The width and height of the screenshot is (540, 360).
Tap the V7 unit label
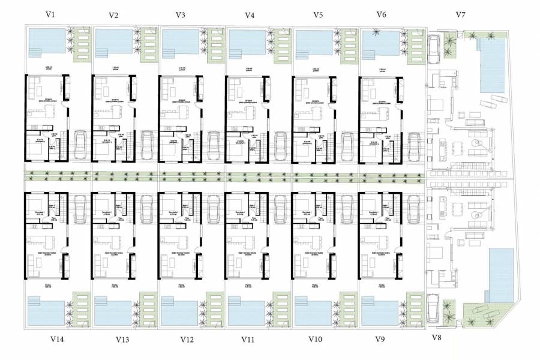click(x=460, y=14)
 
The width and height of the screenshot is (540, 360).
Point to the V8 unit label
click(x=437, y=338)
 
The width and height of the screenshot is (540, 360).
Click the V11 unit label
click(x=248, y=340)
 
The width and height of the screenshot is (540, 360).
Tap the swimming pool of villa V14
click(x=46, y=311)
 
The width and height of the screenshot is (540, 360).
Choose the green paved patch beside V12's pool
click(x=214, y=309)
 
